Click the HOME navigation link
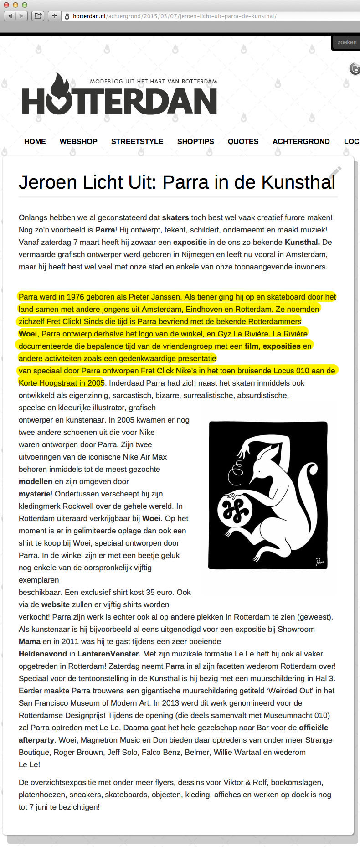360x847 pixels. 35,141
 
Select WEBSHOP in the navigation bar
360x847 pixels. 78,141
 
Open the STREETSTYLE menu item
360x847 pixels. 137,141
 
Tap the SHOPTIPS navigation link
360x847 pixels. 195,141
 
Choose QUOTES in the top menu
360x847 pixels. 243,141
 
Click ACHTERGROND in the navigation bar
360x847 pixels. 301,141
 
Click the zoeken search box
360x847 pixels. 347,42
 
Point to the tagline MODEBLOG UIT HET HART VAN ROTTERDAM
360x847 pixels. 154,82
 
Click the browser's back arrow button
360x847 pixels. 10,16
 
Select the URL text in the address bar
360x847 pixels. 175,16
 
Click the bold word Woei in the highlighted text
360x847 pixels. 28,334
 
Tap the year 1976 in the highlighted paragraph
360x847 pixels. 75,297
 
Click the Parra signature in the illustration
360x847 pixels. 320,561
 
